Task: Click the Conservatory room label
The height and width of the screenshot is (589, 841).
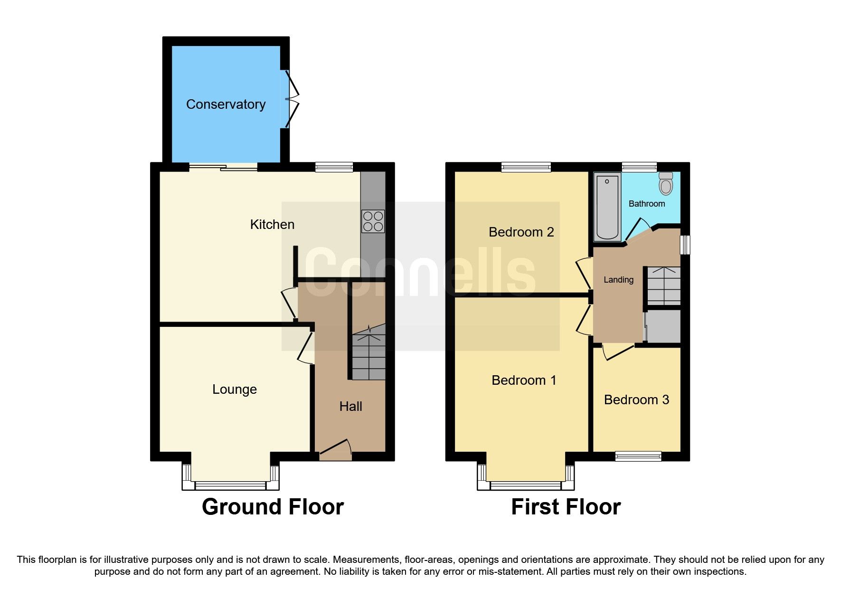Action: coord(226,104)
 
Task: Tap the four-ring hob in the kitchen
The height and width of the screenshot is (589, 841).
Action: coord(373,221)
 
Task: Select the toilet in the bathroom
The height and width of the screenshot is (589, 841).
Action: coord(666,183)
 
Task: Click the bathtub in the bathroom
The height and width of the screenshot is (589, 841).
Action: coord(607,207)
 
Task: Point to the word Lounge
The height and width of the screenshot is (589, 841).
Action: coord(234,389)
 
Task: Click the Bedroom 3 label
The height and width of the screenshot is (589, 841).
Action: coord(636,400)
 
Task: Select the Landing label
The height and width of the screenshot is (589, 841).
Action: coord(618,280)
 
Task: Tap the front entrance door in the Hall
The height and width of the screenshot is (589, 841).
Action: coord(335,449)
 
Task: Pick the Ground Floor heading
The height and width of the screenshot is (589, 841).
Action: coord(273,507)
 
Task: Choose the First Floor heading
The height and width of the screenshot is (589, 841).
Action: coord(566,507)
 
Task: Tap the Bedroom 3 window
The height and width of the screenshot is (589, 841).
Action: coord(638,456)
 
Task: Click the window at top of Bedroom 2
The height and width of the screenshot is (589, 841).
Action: coord(526,167)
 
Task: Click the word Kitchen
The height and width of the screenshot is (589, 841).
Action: coord(272,225)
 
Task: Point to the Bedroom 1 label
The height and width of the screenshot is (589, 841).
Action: coord(523,380)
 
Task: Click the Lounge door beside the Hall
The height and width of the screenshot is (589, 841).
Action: coord(306,348)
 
